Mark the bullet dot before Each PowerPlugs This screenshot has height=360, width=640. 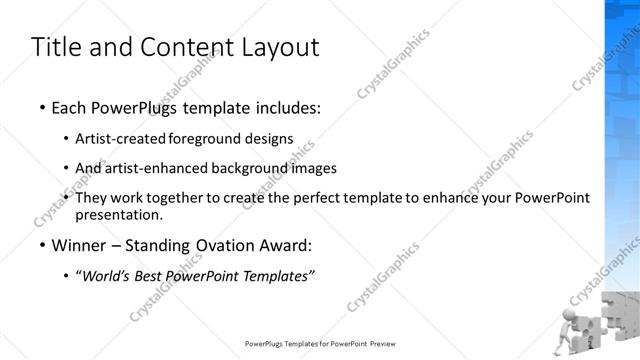[x=42, y=106]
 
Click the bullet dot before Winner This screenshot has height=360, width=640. [x=42, y=247]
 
